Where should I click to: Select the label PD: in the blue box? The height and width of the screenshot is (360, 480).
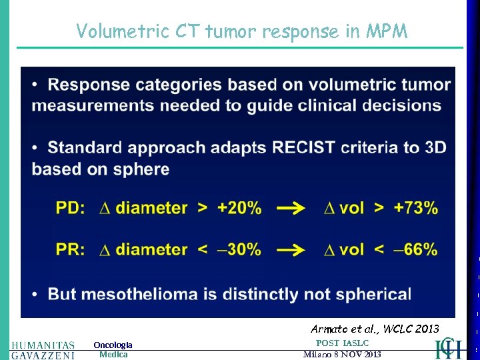[70, 208]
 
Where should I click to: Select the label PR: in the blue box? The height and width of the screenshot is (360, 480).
[70, 249]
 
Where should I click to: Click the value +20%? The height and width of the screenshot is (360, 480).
[238, 208]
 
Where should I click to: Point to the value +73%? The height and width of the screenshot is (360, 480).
[415, 208]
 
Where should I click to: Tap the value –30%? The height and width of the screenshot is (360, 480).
[238, 249]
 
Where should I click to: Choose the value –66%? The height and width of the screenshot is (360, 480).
[415, 249]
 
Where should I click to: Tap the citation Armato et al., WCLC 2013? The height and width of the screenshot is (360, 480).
[375, 329]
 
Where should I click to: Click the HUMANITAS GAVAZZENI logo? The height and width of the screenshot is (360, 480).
[43, 350]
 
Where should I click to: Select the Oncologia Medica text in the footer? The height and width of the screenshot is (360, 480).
[113, 349]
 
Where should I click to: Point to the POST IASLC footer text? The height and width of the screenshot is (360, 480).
[342, 343]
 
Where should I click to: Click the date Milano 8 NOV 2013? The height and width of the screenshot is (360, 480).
[342, 355]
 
